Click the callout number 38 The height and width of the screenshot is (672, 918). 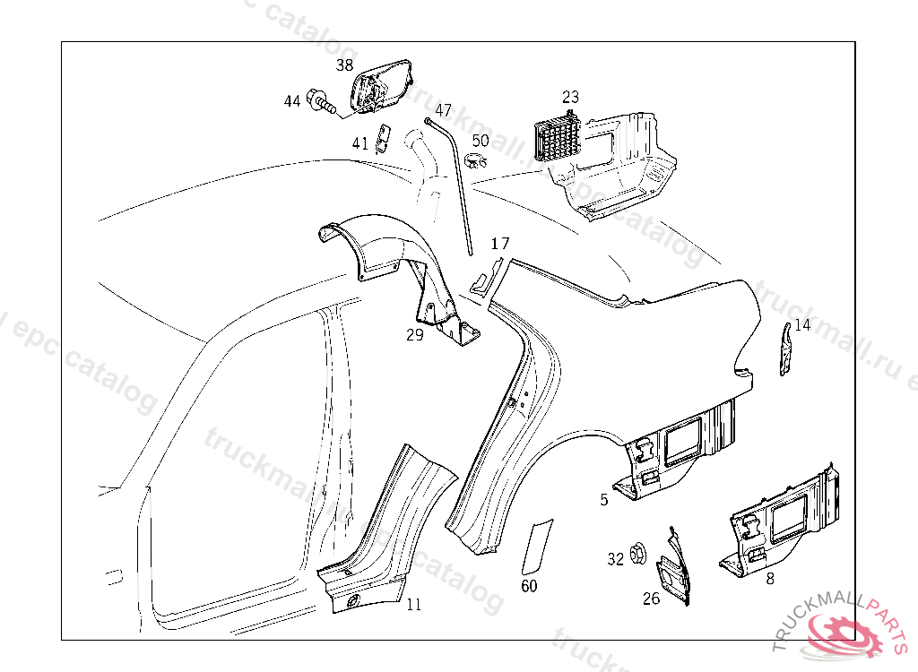345,65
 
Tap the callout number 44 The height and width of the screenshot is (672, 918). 292,101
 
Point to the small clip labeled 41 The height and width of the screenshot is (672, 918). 383,137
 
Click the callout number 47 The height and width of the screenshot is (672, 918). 444,110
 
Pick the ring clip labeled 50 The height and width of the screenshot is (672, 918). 477,160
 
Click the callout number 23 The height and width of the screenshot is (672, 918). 571,97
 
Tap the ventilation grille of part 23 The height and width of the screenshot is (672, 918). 557,138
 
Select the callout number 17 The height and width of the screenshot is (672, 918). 500,244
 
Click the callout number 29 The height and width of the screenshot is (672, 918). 414,335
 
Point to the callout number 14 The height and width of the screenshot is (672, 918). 802,325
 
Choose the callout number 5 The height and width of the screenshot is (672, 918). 604,499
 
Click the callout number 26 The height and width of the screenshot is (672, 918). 652,598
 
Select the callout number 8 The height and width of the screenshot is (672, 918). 769,579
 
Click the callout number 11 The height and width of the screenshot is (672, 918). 413,605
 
